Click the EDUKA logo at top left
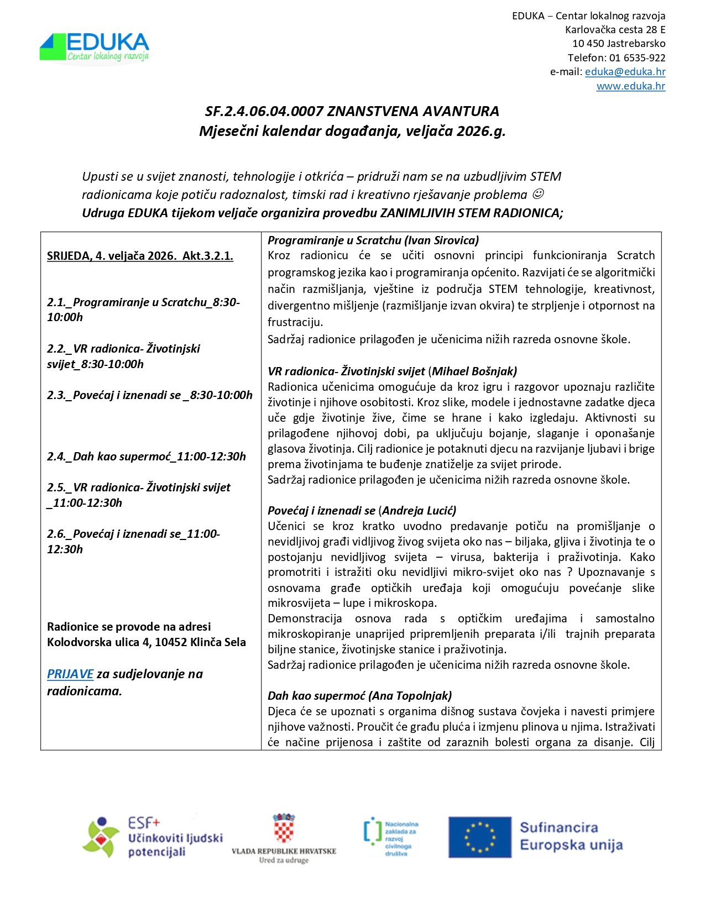click(95, 48)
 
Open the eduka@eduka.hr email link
click(625, 72)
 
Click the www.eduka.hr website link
click(630, 86)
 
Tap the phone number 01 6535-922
click(637, 57)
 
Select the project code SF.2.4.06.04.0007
click(264, 112)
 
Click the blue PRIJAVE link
click(70, 674)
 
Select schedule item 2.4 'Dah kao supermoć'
click(147, 457)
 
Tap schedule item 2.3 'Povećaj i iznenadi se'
click(149, 395)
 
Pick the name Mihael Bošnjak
click(474, 371)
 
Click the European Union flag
click(479, 837)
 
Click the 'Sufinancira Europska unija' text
click(571, 836)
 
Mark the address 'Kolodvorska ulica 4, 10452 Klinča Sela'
click(146, 642)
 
